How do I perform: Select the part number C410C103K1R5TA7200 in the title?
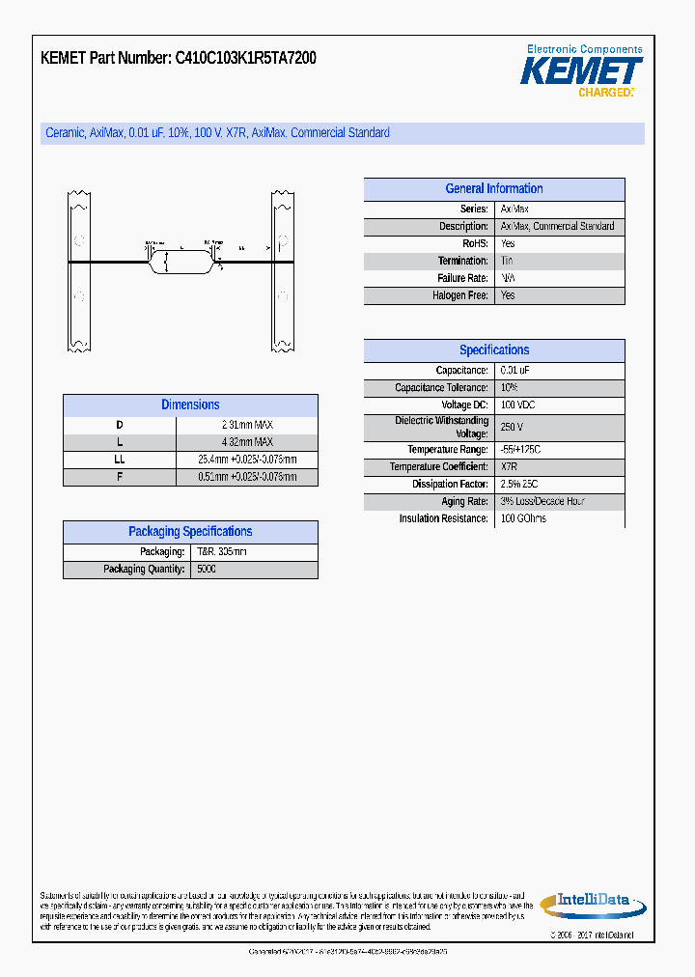click(x=245, y=58)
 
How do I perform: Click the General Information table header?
click(x=493, y=189)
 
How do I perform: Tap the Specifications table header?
click(x=493, y=350)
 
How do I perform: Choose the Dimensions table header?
click(x=190, y=405)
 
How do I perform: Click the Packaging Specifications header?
click(x=190, y=532)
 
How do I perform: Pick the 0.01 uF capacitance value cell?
click(x=515, y=371)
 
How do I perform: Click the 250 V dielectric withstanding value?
click(x=513, y=427)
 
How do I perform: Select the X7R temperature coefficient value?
click(x=510, y=467)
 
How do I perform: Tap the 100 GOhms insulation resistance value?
click(x=523, y=519)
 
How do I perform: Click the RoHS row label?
click(x=474, y=244)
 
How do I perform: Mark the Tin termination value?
click(x=508, y=262)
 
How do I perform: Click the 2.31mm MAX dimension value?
click(x=247, y=425)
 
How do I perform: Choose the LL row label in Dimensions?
click(x=120, y=460)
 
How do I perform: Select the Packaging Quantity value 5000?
click(x=207, y=570)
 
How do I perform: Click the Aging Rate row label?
click(x=464, y=502)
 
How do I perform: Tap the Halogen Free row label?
click(x=460, y=296)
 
